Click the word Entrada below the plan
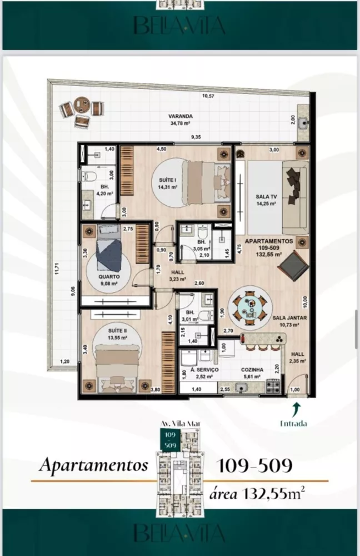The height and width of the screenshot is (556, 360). [295, 423]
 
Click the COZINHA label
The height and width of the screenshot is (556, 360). [252, 369]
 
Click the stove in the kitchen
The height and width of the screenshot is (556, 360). [273, 385]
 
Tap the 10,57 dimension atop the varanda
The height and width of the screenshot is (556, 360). [208, 96]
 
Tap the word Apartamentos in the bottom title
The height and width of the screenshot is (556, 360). [93, 465]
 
